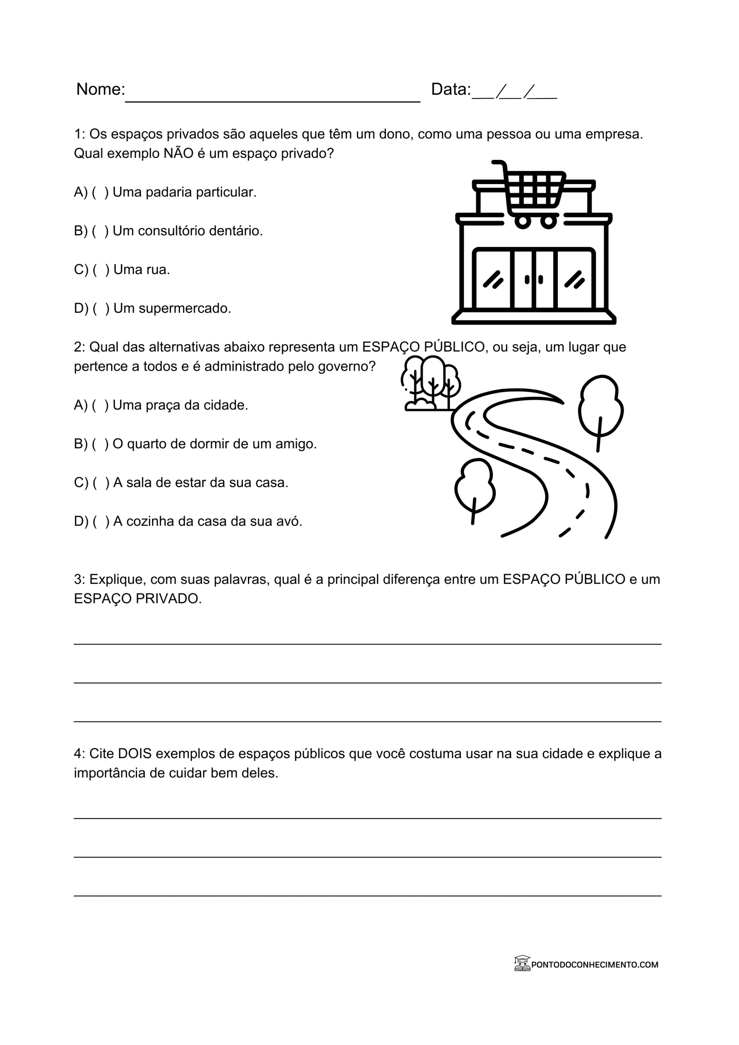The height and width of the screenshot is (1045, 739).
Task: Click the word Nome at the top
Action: click(100, 89)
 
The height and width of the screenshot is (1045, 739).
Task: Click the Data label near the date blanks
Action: click(450, 89)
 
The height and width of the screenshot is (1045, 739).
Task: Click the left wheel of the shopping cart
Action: click(522, 222)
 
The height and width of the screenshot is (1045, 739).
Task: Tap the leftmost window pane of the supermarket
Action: click(493, 279)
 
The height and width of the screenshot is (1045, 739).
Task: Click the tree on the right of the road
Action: click(600, 409)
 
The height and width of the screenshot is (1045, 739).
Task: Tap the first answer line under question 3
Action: click(367, 644)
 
